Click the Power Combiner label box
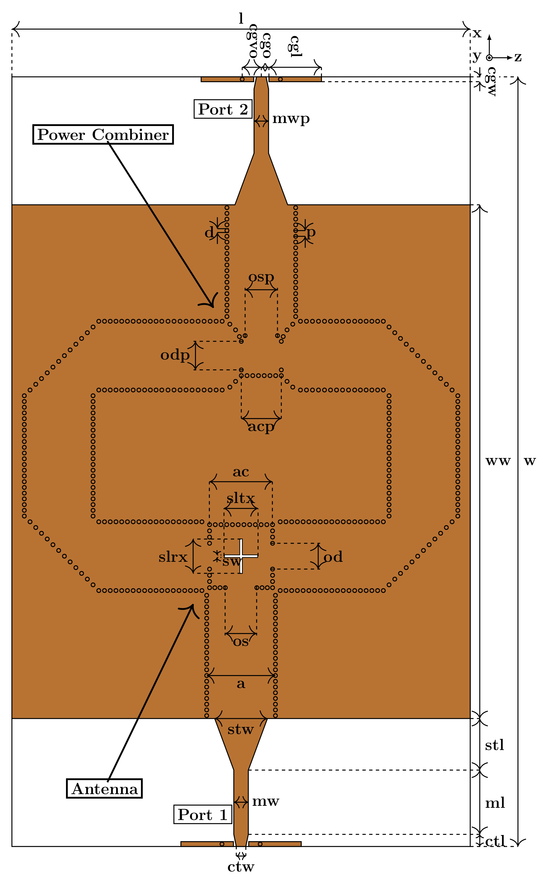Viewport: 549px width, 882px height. click(x=103, y=135)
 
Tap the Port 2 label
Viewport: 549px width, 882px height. click(x=223, y=109)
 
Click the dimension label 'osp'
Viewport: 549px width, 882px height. click(x=261, y=277)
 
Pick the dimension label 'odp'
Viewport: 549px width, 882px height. click(x=175, y=355)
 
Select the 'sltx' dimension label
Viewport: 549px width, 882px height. click(x=241, y=498)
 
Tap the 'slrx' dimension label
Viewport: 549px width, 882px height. click(x=173, y=557)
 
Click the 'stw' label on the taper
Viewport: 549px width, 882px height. click(x=240, y=729)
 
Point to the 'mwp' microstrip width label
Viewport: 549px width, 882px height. click(x=291, y=119)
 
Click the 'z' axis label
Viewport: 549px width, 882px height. click(x=518, y=57)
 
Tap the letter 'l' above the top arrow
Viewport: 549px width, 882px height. click(x=241, y=18)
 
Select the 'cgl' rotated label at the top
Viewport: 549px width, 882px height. click(x=295, y=47)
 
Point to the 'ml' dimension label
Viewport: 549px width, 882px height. click(x=495, y=803)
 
